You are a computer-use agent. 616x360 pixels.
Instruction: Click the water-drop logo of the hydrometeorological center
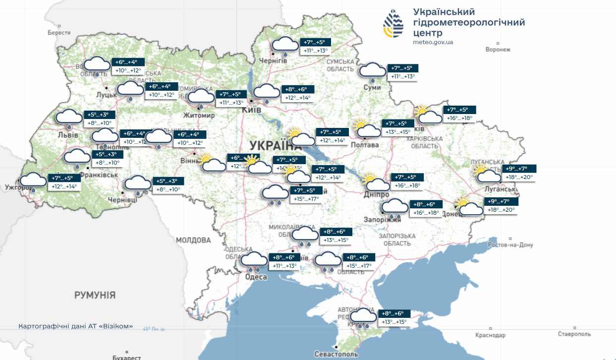pyautogui.click(x=396, y=24)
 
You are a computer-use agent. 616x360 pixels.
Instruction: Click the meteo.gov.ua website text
pyautogui.click(x=433, y=42)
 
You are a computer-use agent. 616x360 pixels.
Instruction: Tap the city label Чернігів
pyautogui.click(x=273, y=60)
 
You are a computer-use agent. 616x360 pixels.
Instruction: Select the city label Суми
pyautogui.click(x=372, y=87)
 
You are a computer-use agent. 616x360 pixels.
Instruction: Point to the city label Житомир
pyautogui.click(x=199, y=115)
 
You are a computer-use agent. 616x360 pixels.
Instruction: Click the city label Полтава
pyautogui.click(x=365, y=145)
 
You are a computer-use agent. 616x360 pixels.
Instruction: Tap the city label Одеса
pyautogui.click(x=256, y=277)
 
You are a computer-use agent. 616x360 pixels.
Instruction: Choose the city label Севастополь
pyautogui.click(x=336, y=354)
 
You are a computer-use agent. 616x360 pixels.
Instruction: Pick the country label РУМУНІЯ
pyautogui.click(x=95, y=295)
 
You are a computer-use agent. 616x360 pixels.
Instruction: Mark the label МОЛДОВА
pyautogui.click(x=193, y=240)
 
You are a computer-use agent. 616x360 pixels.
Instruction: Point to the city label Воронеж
pyautogui.click(x=498, y=50)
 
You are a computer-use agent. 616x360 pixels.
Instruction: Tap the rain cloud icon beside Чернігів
pyautogui.click(x=285, y=45)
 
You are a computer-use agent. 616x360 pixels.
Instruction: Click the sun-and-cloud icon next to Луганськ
pyautogui.click(x=487, y=175)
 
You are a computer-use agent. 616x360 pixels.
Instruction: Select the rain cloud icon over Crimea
pyautogui.click(x=364, y=317)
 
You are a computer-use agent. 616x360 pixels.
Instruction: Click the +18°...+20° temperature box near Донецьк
pyautogui.click(x=501, y=210)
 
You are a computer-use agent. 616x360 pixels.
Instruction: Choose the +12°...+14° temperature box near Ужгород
pyautogui.click(x=65, y=186)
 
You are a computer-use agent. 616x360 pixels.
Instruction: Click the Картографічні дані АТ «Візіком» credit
pyautogui.click(x=75, y=326)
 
